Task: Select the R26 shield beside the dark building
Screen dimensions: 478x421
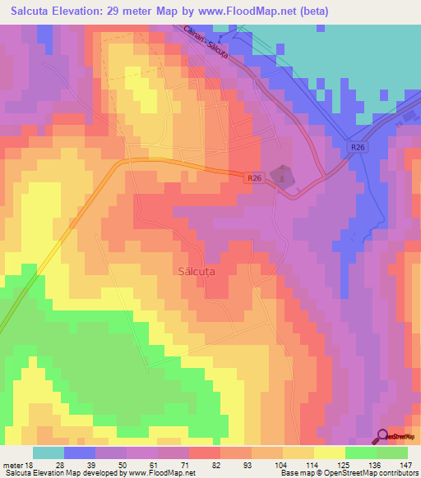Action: (x=255, y=177)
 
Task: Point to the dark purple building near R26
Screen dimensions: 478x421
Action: (x=284, y=175)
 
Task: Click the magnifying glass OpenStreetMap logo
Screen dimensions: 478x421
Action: (x=382, y=437)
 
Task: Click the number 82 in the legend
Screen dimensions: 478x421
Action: (x=220, y=464)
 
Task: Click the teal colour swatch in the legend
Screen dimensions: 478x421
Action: (x=49, y=453)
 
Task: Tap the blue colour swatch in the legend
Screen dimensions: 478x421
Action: (x=80, y=453)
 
